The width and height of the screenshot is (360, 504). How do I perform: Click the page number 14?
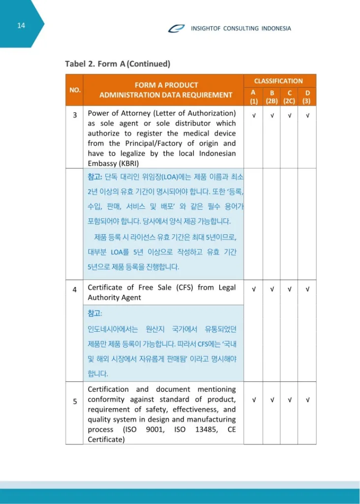pos(21,26)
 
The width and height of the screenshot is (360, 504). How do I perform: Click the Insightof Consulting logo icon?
pos(176,28)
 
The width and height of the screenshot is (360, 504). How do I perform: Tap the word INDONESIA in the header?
pos(275,29)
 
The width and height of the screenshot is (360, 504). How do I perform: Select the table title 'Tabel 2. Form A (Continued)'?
pos(118,64)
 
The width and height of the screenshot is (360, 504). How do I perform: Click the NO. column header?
pos(75,90)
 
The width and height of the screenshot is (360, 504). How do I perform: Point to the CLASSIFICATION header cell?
pos(278,81)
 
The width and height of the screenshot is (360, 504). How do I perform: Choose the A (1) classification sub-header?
pos(253,97)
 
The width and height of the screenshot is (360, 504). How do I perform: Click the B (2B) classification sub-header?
pos(271,97)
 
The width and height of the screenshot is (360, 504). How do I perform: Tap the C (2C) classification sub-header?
pos(289,97)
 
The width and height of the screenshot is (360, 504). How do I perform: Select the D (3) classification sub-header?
pos(307,97)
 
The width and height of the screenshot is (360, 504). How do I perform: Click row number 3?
pos(75,115)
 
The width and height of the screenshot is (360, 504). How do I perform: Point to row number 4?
pos(75,289)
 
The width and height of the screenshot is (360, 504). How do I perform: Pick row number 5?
pos(75,401)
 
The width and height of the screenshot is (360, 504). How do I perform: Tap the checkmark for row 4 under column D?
pos(307,289)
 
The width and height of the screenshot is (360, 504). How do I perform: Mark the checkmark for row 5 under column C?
pos(289,400)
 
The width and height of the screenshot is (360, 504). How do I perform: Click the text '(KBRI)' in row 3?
pos(128,163)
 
